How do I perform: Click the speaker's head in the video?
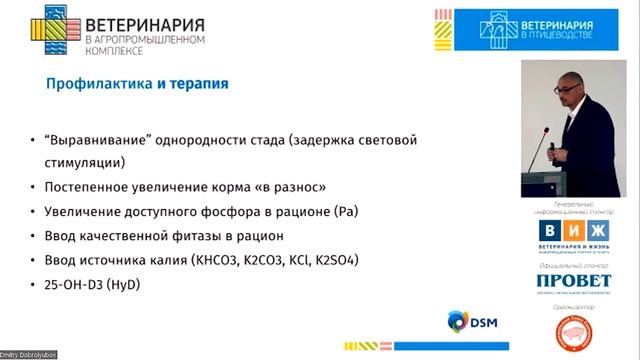click(x=570, y=90)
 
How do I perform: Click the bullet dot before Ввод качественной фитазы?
click(x=36, y=237)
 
